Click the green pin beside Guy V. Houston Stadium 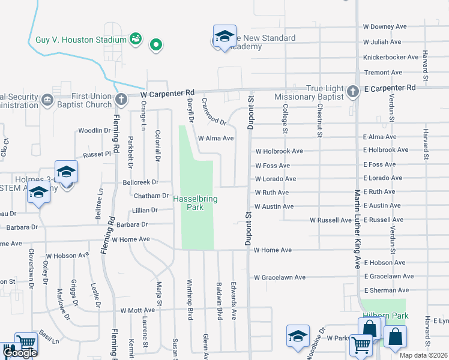click(x=156, y=44)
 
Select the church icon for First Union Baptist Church click(x=121, y=98)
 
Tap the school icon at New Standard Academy click(x=224, y=37)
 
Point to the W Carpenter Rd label click(x=168, y=94)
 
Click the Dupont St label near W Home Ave click(x=247, y=225)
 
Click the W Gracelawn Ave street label click(x=280, y=277)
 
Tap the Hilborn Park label click(x=384, y=316)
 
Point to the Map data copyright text click(x=423, y=355)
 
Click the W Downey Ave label click(x=385, y=27)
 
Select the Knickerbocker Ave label click(x=390, y=58)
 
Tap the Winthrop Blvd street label click(x=190, y=307)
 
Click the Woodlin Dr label click(x=93, y=130)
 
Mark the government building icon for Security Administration click(x=47, y=98)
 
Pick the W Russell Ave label click(x=331, y=220)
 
